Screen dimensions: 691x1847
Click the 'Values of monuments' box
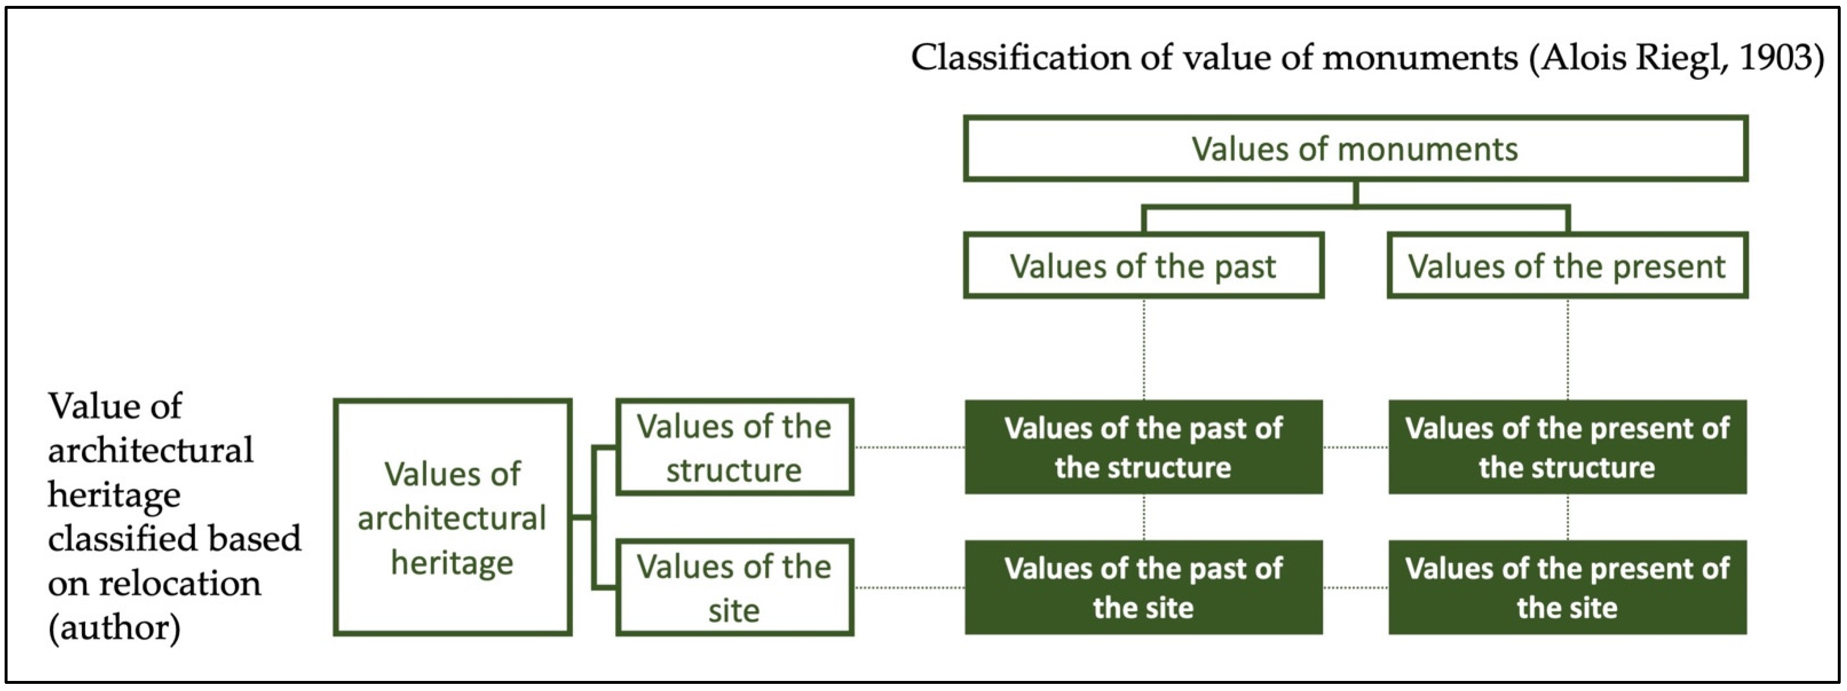tap(1355, 149)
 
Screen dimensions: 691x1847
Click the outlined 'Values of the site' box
tap(734, 588)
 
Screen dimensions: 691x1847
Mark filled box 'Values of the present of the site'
tap(1567, 588)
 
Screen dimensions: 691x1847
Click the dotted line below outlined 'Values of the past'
tap(1144, 349)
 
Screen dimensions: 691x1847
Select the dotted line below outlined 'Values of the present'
tap(1568, 349)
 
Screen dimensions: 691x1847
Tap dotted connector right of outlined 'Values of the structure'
tap(909, 447)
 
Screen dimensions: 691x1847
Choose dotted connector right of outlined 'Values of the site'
tap(909, 588)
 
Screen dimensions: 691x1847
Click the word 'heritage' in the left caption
tap(114, 495)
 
